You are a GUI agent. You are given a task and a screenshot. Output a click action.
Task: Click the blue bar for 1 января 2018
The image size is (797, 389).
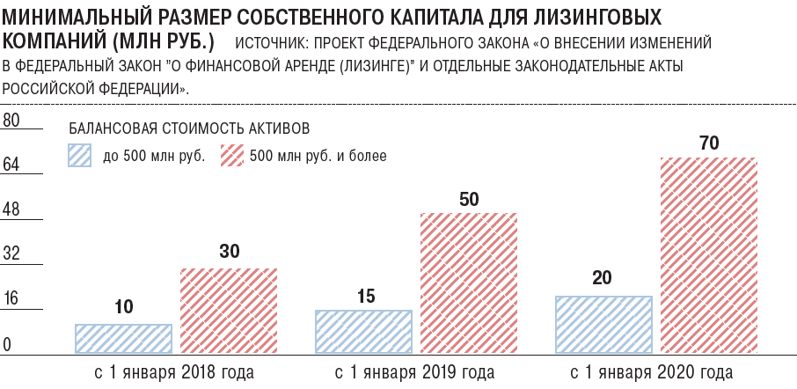[123, 339]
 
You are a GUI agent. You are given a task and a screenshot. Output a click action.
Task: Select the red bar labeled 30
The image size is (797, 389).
[229, 311]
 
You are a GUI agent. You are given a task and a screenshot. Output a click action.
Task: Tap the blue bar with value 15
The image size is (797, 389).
[363, 332]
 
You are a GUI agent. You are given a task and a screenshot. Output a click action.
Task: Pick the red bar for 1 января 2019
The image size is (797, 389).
[468, 283]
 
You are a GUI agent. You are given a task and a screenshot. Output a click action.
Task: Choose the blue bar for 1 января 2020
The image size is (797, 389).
[603, 325]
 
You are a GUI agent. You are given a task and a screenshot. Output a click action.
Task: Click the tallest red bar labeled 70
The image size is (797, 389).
[709, 255]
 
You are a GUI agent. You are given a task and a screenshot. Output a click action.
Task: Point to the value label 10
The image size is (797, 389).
[124, 307]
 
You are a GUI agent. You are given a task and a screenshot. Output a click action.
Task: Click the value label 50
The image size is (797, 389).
[469, 199]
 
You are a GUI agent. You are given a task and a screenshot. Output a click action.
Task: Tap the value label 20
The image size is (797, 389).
[603, 279]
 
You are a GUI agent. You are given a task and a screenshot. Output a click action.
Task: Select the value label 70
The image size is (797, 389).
[709, 143]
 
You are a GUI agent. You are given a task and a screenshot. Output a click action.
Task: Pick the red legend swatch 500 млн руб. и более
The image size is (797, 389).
[230, 156]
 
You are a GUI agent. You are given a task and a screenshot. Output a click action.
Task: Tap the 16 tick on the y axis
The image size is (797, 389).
[11, 299]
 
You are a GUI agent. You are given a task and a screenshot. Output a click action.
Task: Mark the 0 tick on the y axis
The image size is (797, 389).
[7, 344]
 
